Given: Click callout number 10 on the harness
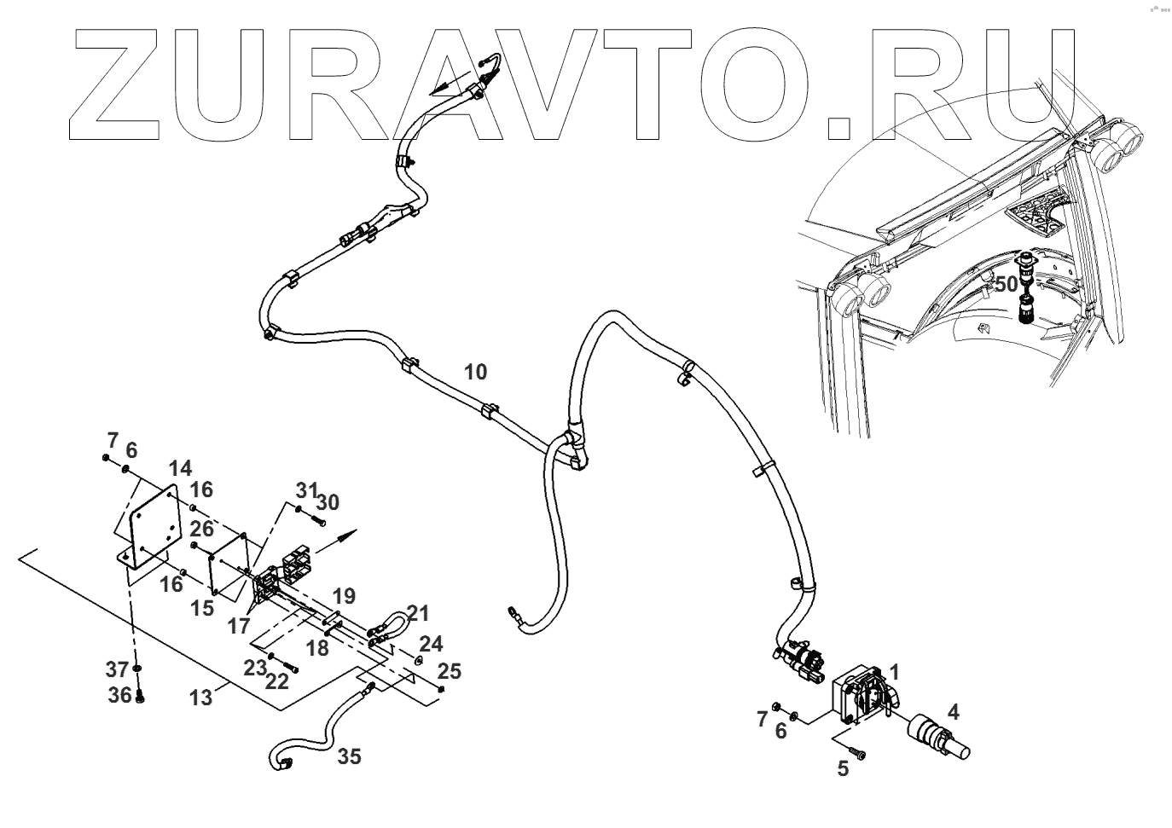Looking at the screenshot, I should click(476, 372).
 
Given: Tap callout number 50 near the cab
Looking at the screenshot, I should click(1007, 284).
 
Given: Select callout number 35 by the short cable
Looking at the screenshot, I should click(349, 756).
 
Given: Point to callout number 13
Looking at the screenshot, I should click(200, 698).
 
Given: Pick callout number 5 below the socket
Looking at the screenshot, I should click(843, 769).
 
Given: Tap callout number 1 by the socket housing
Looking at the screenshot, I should click(894, 670).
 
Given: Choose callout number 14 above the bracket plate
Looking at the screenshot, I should click(180, 468).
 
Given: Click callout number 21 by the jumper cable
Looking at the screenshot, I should click(418, 613).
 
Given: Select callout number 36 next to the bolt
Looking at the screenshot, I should click(120, 695).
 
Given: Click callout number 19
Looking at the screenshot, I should click(344, 595).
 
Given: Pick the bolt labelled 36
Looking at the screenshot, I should click(141, 697).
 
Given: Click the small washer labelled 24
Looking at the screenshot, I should click(418, 659).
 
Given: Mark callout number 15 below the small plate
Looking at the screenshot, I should click(202, 609).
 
